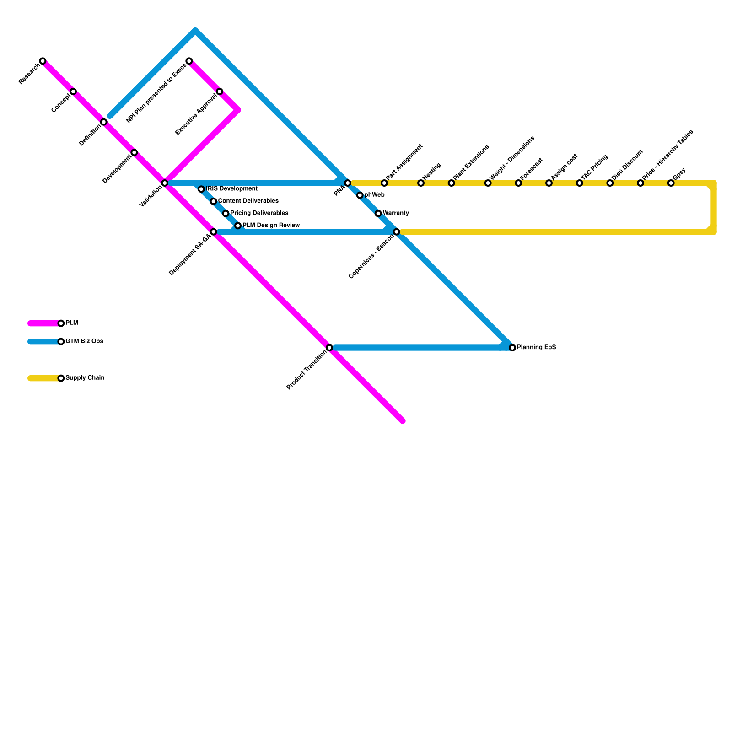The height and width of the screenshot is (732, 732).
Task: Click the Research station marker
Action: (x=43, y=61)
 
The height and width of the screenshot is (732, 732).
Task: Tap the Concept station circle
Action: (x=73, y=91)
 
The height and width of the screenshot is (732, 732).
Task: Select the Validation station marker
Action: (x=165, y=183)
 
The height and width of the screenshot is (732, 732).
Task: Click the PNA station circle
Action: (x=348, y=183)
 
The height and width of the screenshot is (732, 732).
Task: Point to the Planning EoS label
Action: (x=536, y=348)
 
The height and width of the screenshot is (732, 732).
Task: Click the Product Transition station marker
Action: (x=329, y=348)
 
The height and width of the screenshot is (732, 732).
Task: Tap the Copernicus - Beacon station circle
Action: (x=397, y=232)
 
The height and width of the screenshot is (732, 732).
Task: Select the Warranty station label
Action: (x=396, y=214)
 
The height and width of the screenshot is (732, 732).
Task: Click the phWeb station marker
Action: (x=360, y=195)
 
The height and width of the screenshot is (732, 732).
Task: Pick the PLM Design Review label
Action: (x=271, y=226)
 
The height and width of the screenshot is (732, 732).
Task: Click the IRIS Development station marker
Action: (x=201, y=189)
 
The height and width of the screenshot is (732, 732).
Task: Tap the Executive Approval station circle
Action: (x=220, y=91)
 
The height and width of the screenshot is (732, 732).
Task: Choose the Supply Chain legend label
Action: (x=85, y=378)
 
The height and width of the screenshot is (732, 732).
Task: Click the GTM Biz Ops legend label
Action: (x=84, y=342)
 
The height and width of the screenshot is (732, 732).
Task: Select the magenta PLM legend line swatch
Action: (x=43, y=323)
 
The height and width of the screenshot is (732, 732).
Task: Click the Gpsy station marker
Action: (x=671, y=183)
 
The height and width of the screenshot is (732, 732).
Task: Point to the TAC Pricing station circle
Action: (x=579, y=183)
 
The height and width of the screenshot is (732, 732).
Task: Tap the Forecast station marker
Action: (x=518, y=183)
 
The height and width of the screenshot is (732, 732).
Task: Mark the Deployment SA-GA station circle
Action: (x=213, y=232)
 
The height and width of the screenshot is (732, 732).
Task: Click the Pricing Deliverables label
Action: (x=259, y=214)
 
